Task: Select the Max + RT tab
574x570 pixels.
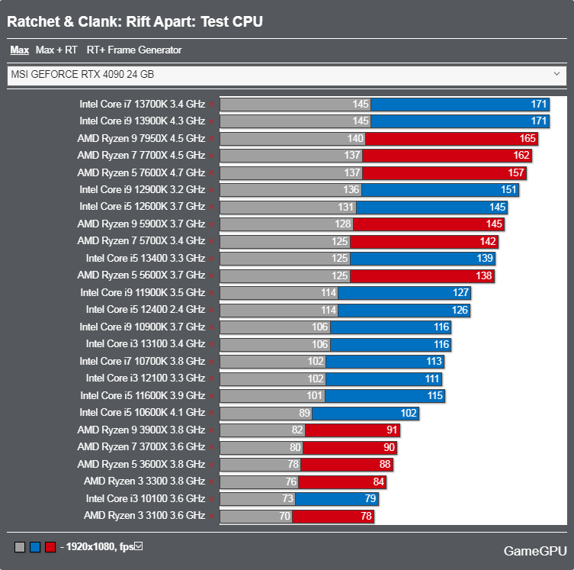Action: (x=56, y=50)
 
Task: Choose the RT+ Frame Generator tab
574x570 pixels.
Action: (x=134, y=50)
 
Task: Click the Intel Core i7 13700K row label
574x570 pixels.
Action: (x=142, y=103)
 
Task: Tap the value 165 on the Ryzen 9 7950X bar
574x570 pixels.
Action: (x=528, y=138)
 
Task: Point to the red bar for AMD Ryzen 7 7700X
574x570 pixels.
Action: (x=447, y=155)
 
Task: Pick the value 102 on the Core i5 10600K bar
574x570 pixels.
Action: (x=409, y=413)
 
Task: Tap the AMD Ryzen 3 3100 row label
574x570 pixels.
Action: (x=144, y=516)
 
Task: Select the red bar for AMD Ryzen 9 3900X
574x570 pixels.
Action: (x=351, y=430)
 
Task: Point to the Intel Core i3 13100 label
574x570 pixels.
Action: (x=145, y=344)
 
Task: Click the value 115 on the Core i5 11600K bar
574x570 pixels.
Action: (x=435, y=396)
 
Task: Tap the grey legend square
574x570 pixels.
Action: (x=20, y=546)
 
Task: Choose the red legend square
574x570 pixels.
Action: (x=50, y=546)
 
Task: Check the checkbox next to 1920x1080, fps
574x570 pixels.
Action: (x=139, y=546)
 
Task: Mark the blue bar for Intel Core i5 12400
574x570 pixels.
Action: (x=403, y=310)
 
